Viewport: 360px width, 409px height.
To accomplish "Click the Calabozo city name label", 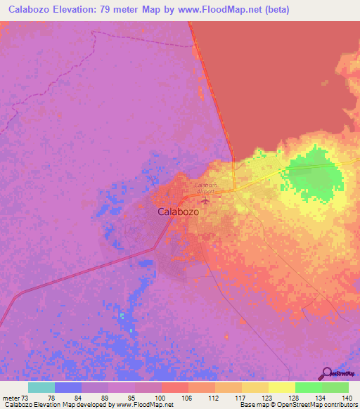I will point(177,211).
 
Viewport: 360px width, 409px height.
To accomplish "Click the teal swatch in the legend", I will point(41,387).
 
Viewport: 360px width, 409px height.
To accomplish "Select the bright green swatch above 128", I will point(309,387).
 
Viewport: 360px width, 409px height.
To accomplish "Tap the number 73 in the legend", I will point(27,397).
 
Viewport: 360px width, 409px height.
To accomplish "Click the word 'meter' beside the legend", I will point(11,397).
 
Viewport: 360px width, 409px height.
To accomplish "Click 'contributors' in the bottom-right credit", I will point(340,405).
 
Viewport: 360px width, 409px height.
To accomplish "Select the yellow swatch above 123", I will point(255,387).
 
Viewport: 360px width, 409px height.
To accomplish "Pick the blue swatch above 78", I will point(68,387).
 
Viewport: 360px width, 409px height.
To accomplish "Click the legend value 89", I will point(95,397).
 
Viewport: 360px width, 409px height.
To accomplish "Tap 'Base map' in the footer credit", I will point(252,405).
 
